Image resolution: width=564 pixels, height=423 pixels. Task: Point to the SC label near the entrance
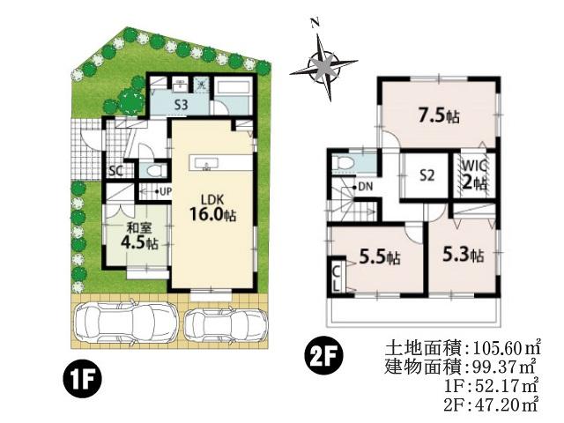coord(115,170)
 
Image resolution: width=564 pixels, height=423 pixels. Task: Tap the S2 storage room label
coord(427,174)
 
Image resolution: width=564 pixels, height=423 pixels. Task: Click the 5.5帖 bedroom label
coord(380,257)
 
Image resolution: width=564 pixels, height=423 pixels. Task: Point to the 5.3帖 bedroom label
coord(462,256)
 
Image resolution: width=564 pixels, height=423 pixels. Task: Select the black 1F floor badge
coord(83,381)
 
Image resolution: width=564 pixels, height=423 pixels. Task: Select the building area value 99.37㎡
coord(496,366)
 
